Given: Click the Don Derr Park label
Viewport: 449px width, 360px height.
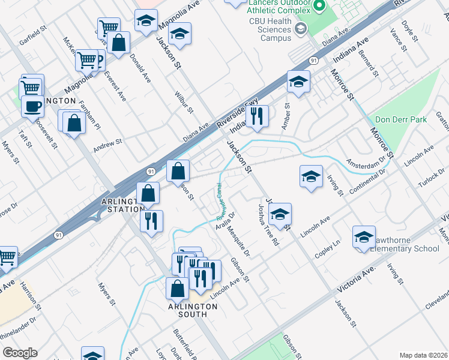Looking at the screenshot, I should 400,119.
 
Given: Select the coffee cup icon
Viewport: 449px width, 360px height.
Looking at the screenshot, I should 32,107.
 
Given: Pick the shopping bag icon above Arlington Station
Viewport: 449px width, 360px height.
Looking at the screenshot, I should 178,171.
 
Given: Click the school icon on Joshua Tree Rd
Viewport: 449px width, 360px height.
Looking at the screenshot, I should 280,214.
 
